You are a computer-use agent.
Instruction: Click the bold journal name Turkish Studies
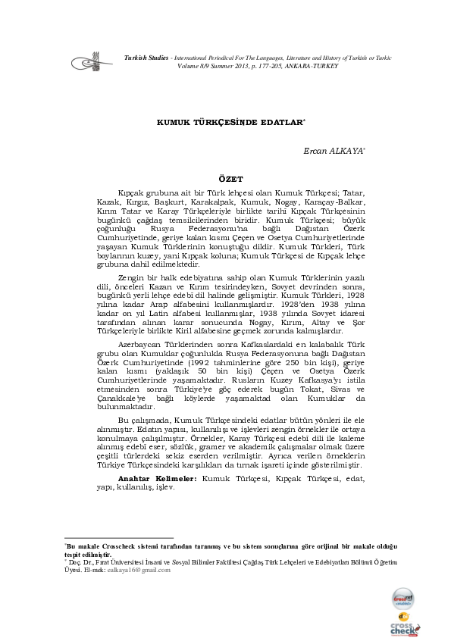[146, 58]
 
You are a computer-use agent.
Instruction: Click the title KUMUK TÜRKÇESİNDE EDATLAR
[226, 121]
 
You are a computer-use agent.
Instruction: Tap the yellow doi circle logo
[403, 615]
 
